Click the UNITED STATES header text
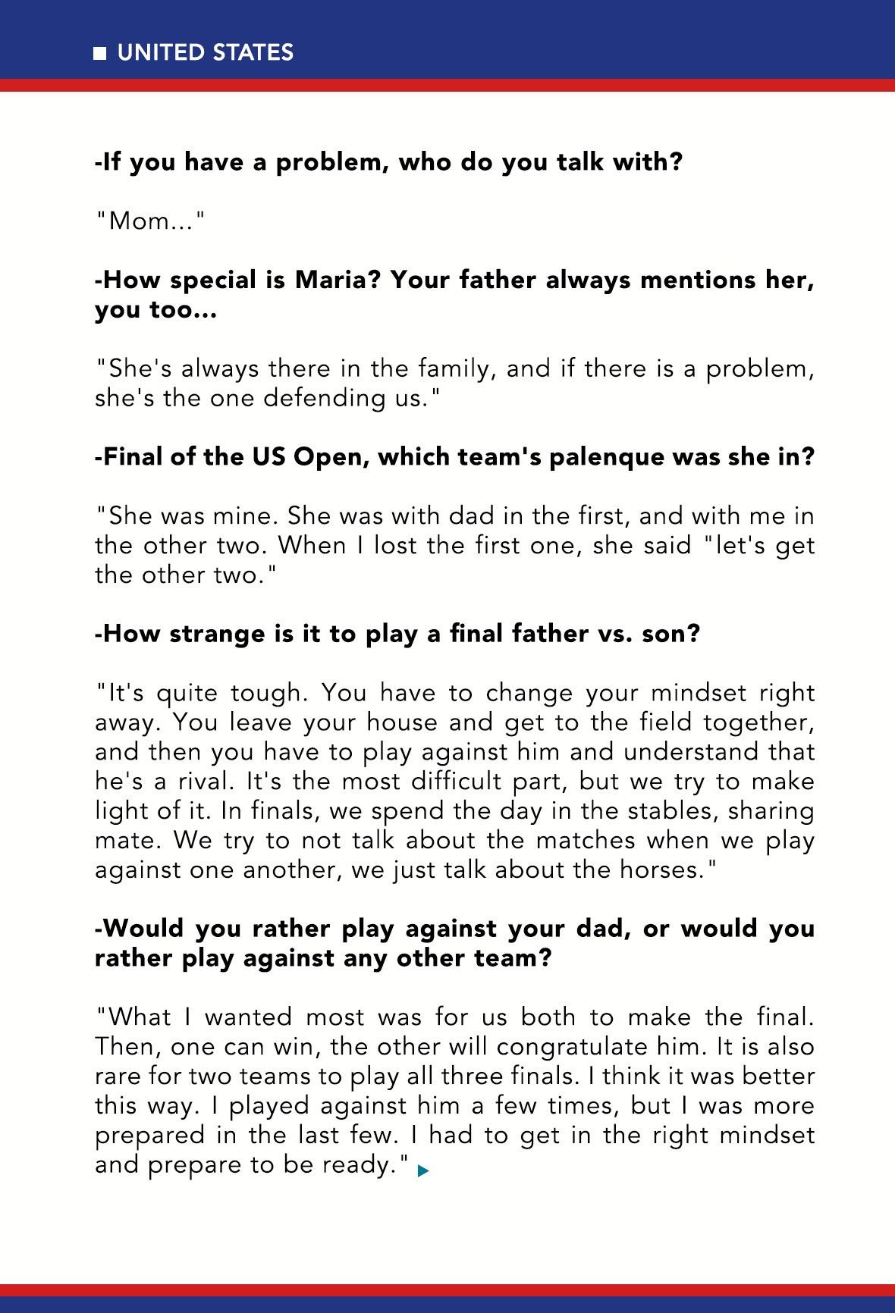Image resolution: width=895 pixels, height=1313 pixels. [x=205, y=52]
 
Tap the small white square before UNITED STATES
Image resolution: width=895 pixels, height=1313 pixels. [x=99, y=53]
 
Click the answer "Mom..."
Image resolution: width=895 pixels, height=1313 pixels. [x=150, y=221]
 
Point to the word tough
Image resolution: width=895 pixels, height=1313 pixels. [x=265, y=693]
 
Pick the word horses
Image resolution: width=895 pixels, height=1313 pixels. [x=658, y=870]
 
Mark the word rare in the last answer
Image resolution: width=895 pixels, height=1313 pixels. [x=118, y=1076]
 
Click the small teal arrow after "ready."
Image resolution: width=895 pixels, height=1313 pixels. [x=422, y=1170]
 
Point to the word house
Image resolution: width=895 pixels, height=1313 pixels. [x=403, y=722]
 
